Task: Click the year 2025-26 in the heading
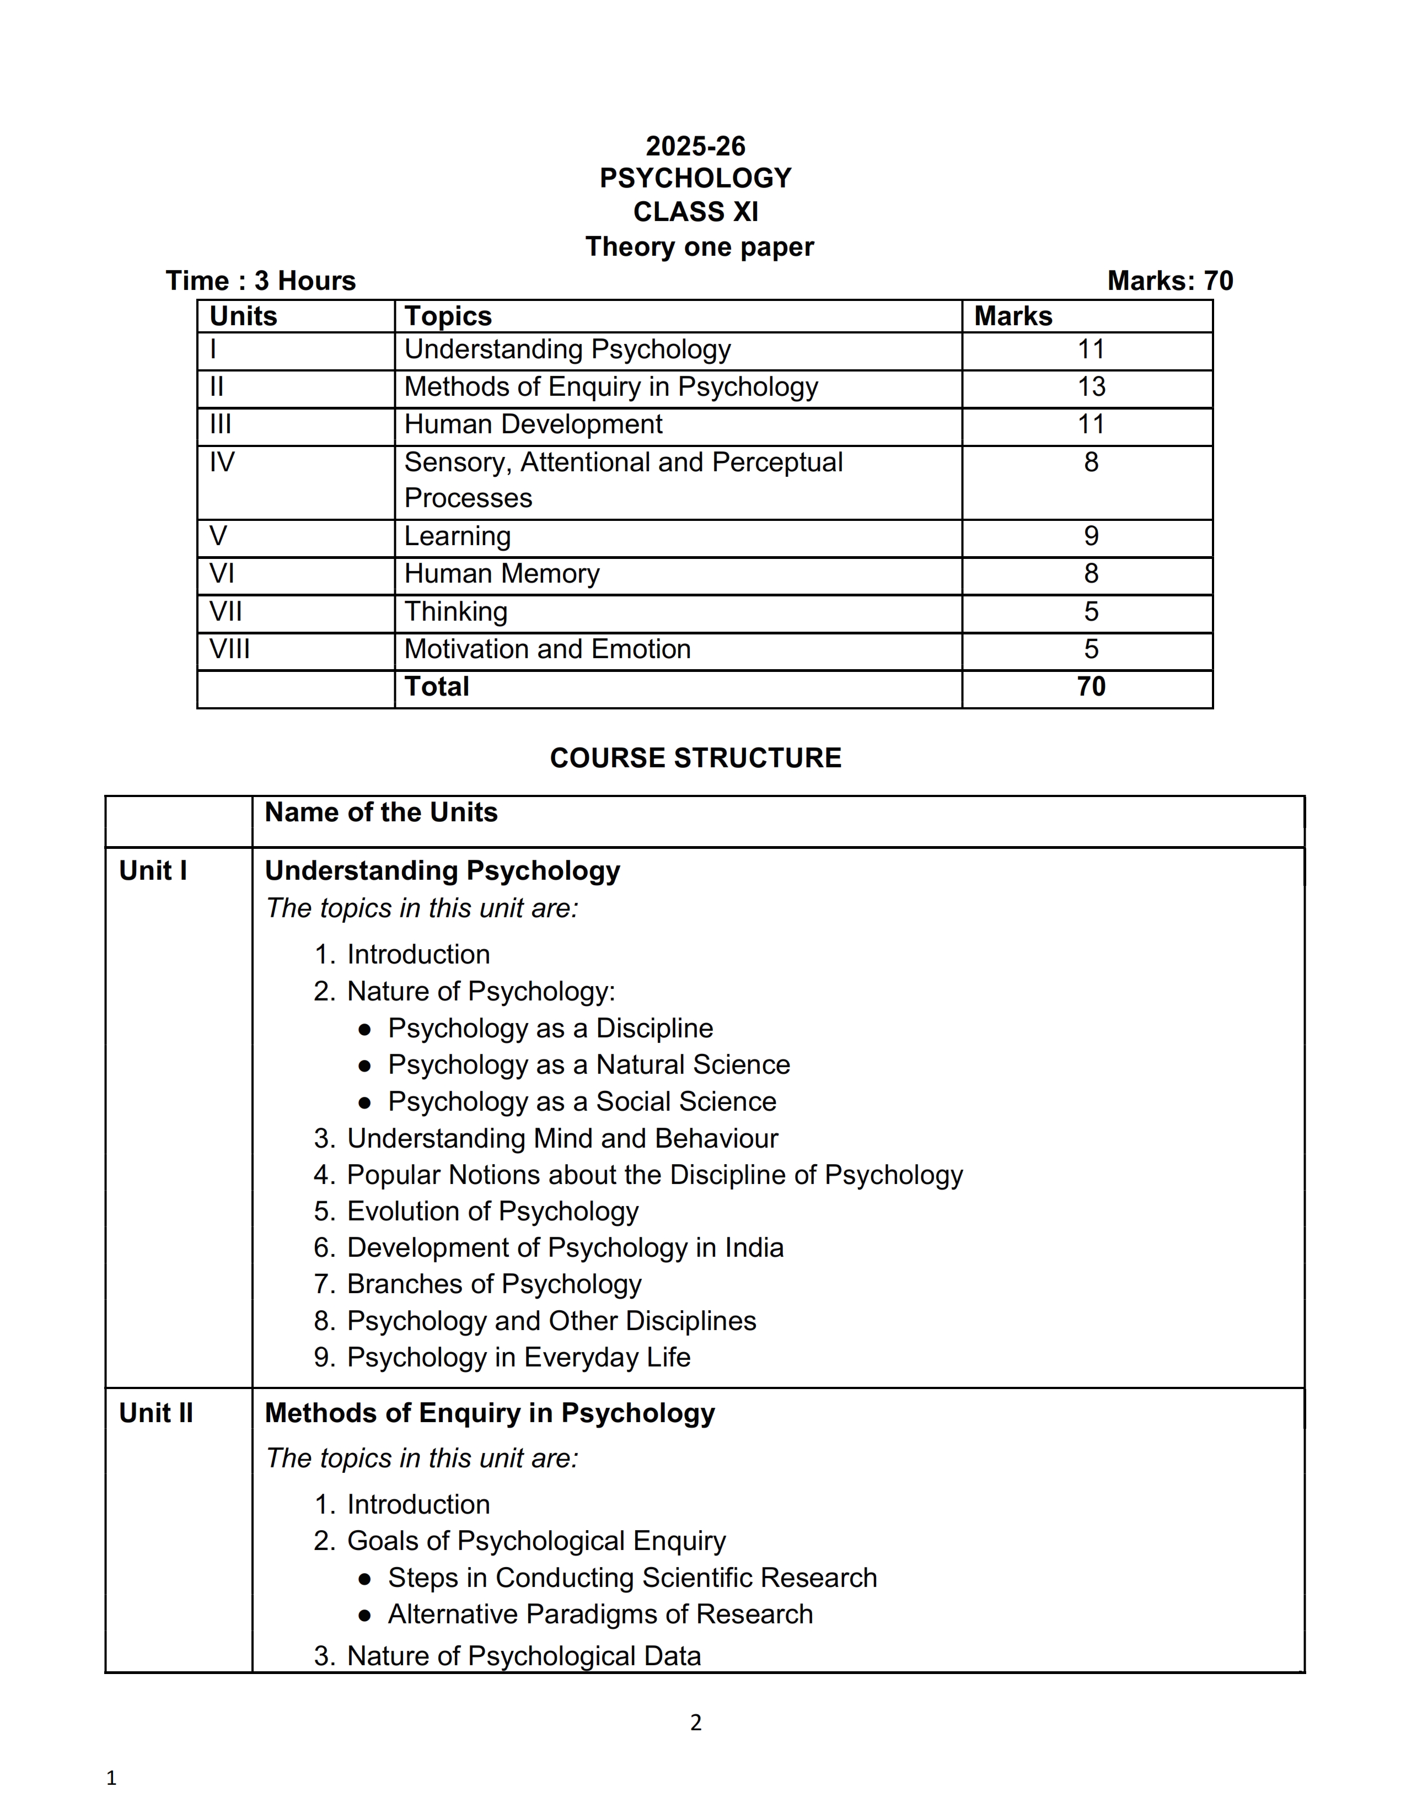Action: pos(695,147)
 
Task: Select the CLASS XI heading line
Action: pos(695,212)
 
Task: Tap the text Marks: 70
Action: pos(1169,281)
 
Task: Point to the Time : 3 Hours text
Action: pos(261,281)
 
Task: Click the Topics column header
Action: pos(448,316)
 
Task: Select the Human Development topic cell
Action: pos(533,425)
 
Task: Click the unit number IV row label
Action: pos(222,462)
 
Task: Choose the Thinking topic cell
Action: pos(455,612)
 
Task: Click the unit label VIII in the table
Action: pos(229,649)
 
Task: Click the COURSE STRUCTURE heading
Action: pos(695,758)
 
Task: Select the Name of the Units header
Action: pos(380,813)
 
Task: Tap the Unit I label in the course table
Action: pos(152,871)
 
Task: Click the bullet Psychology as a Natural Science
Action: pos(588,1065)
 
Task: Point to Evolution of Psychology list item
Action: pos(492,1212)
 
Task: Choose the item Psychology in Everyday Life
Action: pos(518,1358)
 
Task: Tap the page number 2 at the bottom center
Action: pos(695,1723)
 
